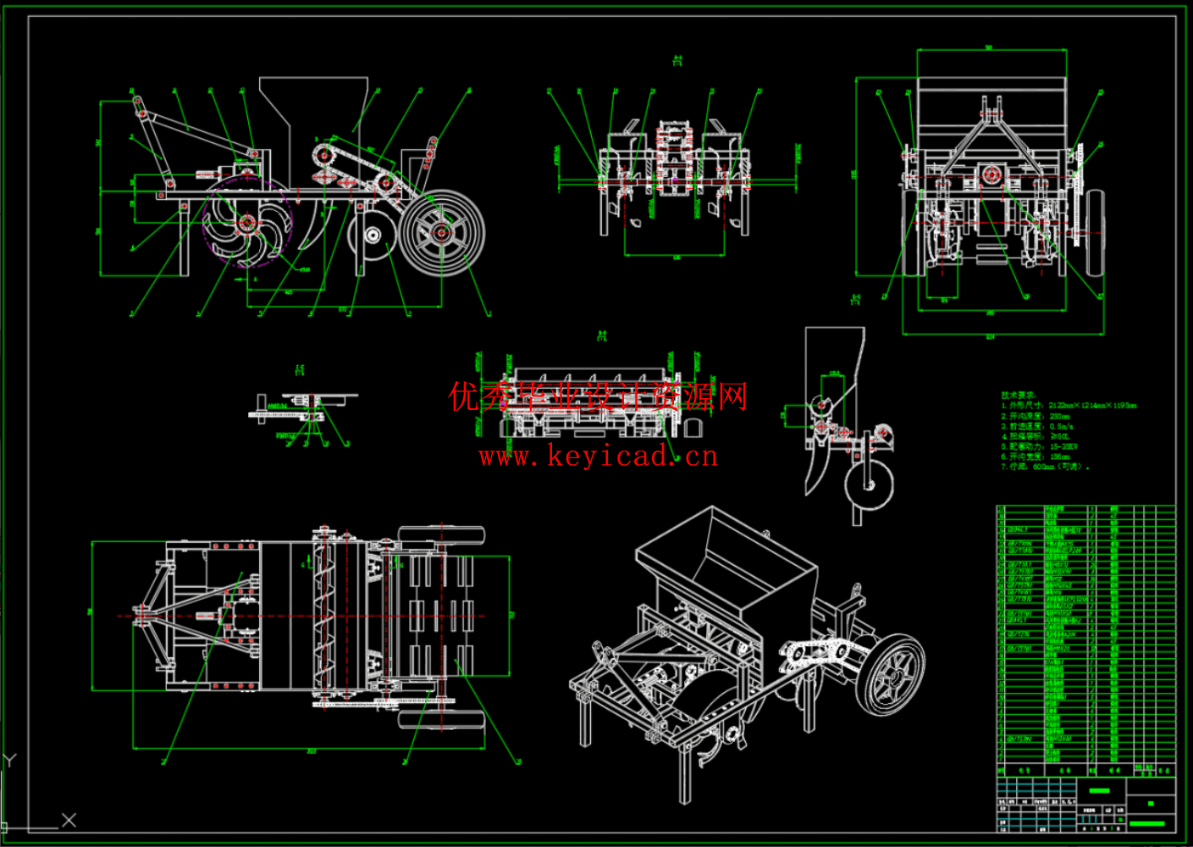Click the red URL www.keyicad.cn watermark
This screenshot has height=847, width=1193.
[598, 457]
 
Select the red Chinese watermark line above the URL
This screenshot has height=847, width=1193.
[598, 396]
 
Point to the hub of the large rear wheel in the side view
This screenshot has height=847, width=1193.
[441, 232]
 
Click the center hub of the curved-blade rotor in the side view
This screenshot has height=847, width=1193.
[246, 223]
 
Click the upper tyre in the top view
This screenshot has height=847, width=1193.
[441, 536]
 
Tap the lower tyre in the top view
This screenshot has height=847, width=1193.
[441, 720]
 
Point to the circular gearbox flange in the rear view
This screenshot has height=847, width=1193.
[990, 176]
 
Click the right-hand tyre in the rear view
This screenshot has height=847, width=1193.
[1095, 232]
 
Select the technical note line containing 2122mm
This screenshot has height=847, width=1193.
[1069, 406]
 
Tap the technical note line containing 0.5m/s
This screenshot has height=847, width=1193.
[1036, 426]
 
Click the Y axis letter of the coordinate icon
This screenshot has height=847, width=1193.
[10, 760]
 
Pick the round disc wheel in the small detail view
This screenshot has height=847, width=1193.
[869, 485]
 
